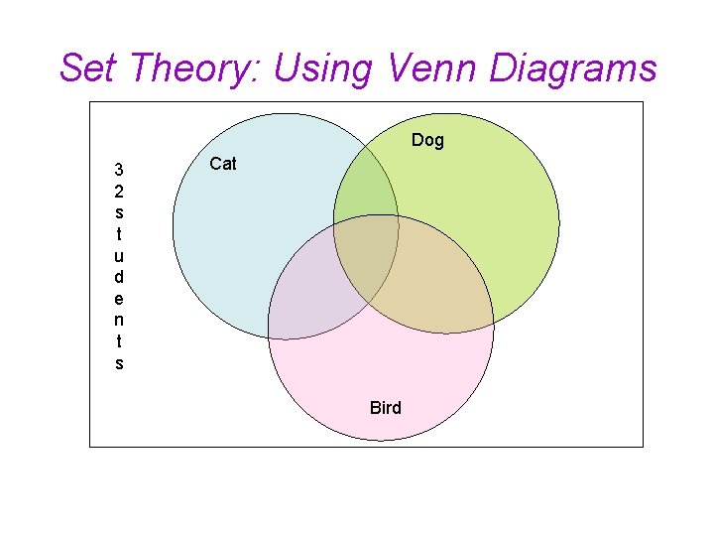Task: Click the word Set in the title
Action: pos(88,68)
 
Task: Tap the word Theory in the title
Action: pos(194,68)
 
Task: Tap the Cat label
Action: pos(223,164)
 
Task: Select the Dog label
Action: pos(427,140)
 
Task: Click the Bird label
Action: pos(385,407)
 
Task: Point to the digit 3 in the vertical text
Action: pos(119,169)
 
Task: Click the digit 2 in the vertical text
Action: pos(119,190)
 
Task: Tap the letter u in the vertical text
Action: pos(119,255)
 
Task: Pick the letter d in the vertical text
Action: pos(119,277)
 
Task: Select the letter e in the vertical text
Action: pos(119,298)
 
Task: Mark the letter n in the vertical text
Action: pos(119,320)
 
